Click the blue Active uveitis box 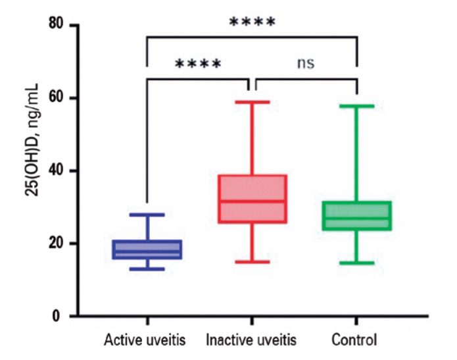pyautogui.click(x=147, y=249)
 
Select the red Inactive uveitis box pyautogui.click(x=253, y=199)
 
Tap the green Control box pyautogui.click(x=357, y=216)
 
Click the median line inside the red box pyautogui.click(x=253, y=201)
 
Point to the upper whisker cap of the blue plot pyautogui.click(x=147, y=215)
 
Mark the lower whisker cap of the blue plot pyautogui.click(x=147, y=269)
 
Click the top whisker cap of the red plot pyautogui.click(x=253, y=102)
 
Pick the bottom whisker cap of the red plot pyautogui.click(x=253, y=262)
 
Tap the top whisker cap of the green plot pyautogui.click(x=357, y=106)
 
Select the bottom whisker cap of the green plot pyautogui.click(x=357, y=263)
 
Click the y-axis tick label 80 pyautogui.click(x=57, y=23)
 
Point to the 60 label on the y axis pyautogui.click(x=57, y=97)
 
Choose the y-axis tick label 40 pyautogui.click(x=57, y=170)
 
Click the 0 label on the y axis pyautogui.click(x=57, y=316)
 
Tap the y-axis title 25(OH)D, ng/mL pyautogui.click(x=32, y=140)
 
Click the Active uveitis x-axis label pyautogui.click(x=145, y=340)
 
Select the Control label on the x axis pyautogui.click(x=354, y=340)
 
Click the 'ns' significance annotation pyautogui.click(x=306, y=63)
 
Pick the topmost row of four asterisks pyautogui.click(x=253, y=22)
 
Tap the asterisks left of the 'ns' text pyautogui.click(x=198, y=63)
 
